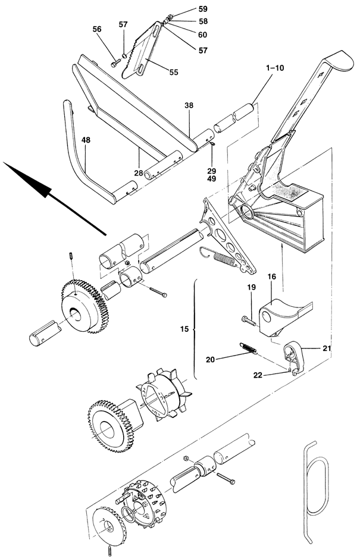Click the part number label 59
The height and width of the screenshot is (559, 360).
point(203,9)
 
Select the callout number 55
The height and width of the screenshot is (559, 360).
point(173,73)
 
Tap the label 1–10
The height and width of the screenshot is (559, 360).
point(275,68)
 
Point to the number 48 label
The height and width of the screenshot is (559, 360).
point(86,140)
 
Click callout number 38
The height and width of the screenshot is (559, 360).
point(189,105)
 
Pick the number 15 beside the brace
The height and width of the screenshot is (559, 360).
point(184,329)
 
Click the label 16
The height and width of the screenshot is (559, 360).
point(271,277)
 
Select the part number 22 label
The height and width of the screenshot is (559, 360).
point(258,375)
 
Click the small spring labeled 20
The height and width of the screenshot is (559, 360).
point(248,348)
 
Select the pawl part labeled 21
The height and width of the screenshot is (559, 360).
point(294,357)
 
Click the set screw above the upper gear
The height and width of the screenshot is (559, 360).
point(71,256)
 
